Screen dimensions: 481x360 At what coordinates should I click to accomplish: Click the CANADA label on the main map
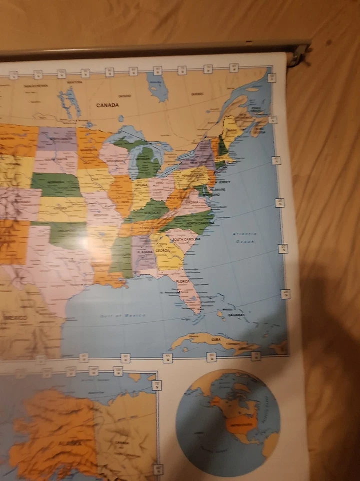(x=108, y=105)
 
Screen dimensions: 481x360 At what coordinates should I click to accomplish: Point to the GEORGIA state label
(x=162, y=250)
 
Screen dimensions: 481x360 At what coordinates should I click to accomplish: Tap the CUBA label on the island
(x=216, y=339)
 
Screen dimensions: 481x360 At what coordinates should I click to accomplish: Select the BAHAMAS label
(x=236, y=315)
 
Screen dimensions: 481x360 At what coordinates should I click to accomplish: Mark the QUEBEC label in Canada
(x=197, y=94)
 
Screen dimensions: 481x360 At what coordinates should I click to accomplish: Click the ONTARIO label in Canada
(x=125, y=96)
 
